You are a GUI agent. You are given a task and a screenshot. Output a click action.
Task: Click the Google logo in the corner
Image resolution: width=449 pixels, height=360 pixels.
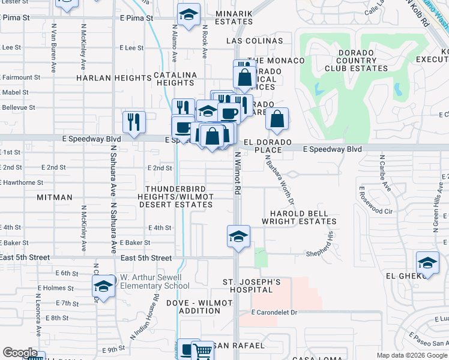[20, 353]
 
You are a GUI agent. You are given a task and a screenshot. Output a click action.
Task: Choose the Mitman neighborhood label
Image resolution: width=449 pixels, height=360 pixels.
[54, 197]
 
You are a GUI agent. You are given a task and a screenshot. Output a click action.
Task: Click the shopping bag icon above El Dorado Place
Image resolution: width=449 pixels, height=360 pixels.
[276, 119]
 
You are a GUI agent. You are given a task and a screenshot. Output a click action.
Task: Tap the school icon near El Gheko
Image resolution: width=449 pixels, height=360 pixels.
[427, 262]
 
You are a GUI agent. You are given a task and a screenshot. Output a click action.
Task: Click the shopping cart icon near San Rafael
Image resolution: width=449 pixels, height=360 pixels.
[203, 350]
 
